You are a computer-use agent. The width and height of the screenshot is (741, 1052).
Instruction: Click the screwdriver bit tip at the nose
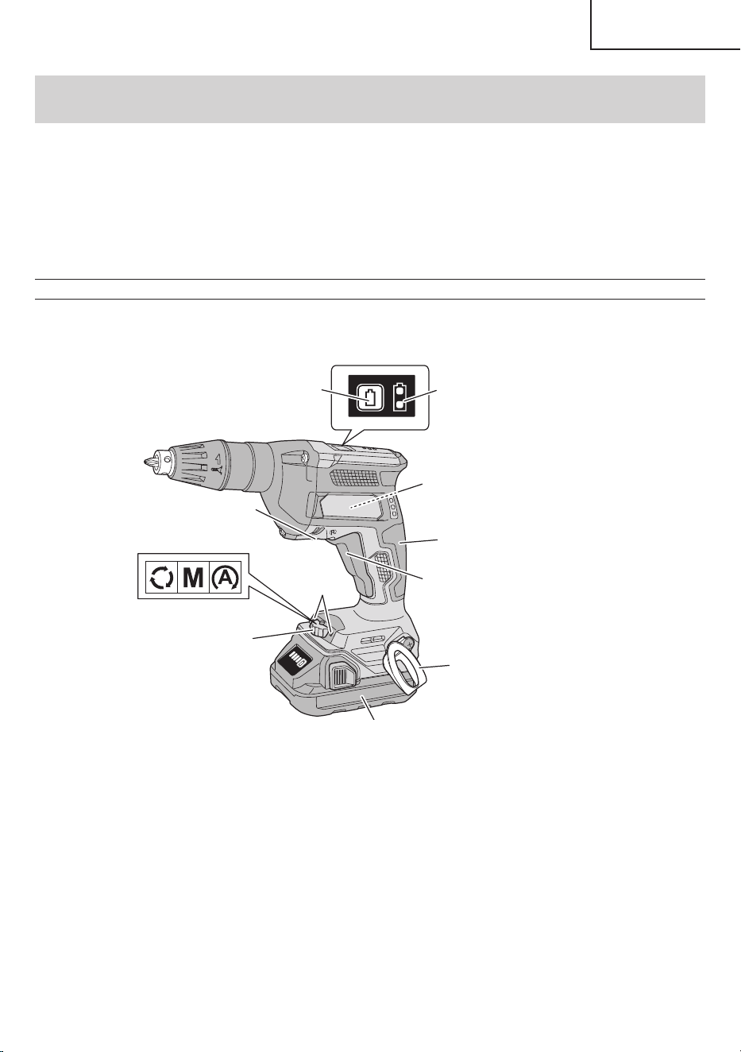tap(146, 462)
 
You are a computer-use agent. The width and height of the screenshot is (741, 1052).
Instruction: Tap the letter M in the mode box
tap(192, 579)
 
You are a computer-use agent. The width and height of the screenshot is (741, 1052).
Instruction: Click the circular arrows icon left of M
tap(161, 579)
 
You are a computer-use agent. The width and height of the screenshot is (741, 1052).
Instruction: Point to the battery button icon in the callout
tap(370, 397)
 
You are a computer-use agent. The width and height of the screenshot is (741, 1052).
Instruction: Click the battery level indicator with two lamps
tap(399, 397)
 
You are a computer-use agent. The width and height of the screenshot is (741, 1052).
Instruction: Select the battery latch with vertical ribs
tap(342, 678)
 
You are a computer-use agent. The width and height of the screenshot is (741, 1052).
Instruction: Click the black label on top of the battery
tap(292, 659)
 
